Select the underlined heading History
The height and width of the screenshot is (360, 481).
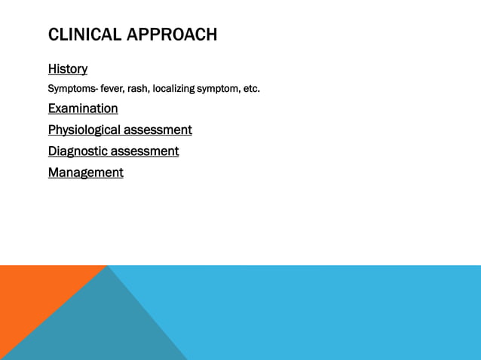[68, 69]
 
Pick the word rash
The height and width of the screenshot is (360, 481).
[139, 90]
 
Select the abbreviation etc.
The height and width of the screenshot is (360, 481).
[251, 90]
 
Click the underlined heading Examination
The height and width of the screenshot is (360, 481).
[83, 108]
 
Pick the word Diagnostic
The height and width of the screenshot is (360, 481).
[78, 151]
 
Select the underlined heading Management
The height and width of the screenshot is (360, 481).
[86, 172]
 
